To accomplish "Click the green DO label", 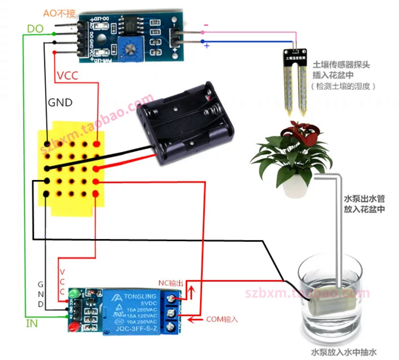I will coord(35,29).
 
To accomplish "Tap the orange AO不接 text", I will coord(59,13).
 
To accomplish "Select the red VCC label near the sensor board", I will coord(67,76).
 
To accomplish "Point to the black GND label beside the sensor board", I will coord(60,102).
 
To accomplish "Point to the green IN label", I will coord(32,324).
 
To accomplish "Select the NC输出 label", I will coord(171,283).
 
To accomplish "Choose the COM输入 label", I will coord(222,319).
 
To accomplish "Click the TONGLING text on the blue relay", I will coord(140,297).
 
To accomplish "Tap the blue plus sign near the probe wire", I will coord(207,46).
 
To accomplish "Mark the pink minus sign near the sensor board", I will coord(206,25).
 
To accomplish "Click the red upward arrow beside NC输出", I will coord(192,292).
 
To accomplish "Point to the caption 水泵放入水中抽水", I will coord(343,352).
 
